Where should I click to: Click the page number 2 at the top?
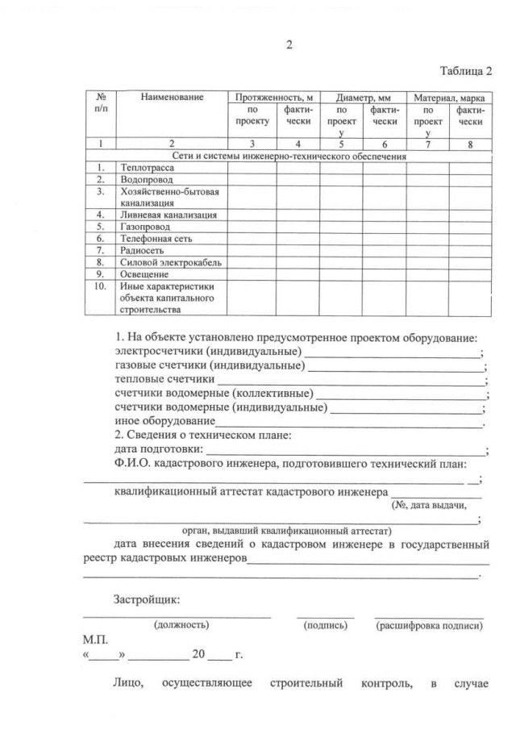point(289,46)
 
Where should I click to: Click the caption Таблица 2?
point(465,71)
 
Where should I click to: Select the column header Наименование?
point(172,97)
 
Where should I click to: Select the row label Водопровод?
point(146,181)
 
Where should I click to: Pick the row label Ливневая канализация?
point(169,215)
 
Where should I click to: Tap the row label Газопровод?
point(145,227)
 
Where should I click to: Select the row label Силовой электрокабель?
point(170,262)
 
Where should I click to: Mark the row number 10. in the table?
point(101,286)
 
